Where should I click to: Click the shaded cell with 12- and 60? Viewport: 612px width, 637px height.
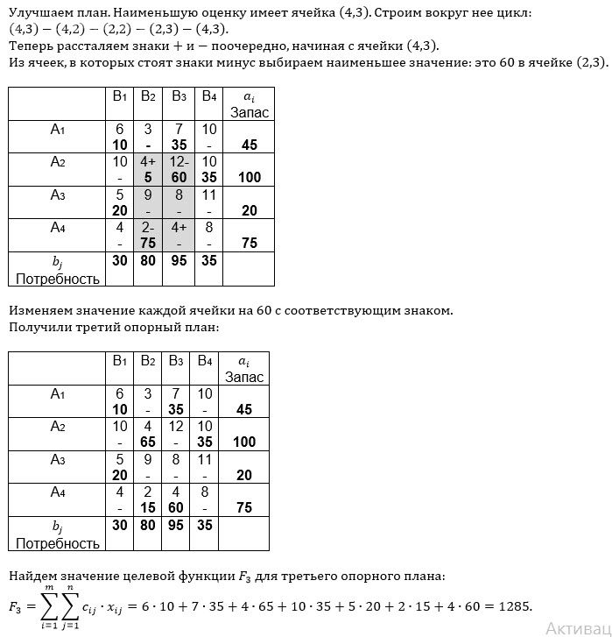[x=179, y=169]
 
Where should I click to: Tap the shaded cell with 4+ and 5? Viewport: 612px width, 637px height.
[x=148, y=169]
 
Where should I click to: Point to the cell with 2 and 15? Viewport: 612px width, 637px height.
[x=148, y=500]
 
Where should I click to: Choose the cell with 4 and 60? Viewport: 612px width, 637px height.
[x=179, y=500]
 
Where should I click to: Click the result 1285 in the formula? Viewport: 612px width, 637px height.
[x=513, y=606]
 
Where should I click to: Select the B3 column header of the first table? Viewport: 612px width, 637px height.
[x=179, y=96]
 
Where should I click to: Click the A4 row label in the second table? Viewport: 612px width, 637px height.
[x=58, y=492]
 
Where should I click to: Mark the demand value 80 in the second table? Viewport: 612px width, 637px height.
[x=148, y=527]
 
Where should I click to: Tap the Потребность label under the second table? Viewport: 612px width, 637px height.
[x=58, y=543]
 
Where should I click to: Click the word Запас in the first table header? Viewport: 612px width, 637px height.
[x=250, y=112]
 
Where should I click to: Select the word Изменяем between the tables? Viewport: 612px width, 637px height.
[x=39, y=310]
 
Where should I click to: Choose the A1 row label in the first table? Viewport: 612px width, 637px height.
[x=58, y=129]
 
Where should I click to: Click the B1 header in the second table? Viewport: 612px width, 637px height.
[x=120, y=360]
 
